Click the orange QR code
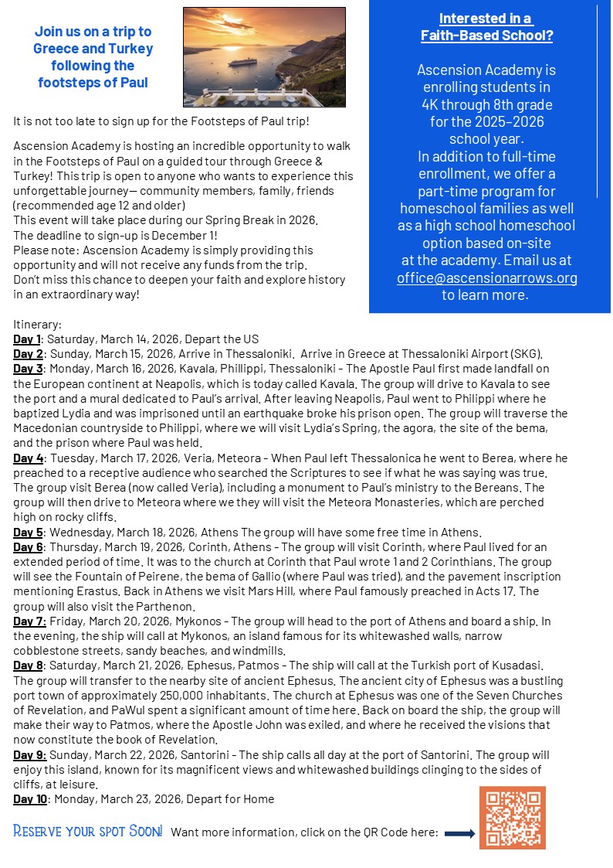(x=512, y=818)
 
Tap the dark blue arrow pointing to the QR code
(x=459, y=833)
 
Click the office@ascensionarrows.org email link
(x=486, y=278)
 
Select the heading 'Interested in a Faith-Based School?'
(x=486, y=26)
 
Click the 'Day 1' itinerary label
(x=27, y=339)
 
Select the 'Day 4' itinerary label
(x=28, y=458)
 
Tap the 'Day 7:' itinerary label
(x=29, y=621)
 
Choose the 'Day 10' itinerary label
(x=30, y=799)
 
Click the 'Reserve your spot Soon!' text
(x=88, y=832)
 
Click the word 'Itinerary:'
(x=37, y=325)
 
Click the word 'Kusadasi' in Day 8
(x=518, y=665)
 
